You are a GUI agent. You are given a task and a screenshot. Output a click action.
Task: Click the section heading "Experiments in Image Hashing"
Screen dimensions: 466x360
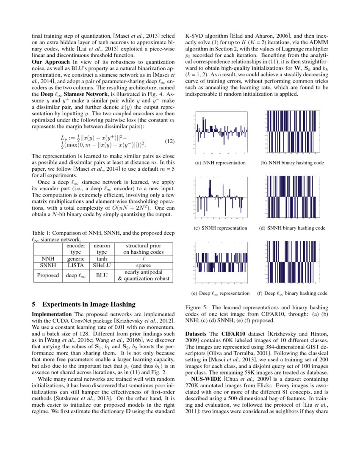(89, 304)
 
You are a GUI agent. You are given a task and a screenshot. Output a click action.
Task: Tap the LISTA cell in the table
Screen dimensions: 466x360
(77, 266)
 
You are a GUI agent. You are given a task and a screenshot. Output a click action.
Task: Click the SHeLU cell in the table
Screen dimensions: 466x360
(102, 266)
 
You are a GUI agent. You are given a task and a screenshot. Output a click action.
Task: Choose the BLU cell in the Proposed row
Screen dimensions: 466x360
(102, 275)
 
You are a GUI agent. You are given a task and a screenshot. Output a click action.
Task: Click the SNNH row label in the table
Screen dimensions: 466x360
(47, 266)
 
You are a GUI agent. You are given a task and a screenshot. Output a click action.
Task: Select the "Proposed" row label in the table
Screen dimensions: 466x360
(47, 275)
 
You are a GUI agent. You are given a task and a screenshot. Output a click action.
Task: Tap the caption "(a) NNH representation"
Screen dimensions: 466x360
(220, 163)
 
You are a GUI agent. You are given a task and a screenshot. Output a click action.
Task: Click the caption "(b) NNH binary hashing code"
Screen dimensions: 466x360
(292, 163)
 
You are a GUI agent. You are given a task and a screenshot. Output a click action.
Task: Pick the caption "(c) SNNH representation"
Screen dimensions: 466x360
(220, 228)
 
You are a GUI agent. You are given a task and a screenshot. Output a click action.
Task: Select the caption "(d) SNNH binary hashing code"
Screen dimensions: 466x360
(292, 228)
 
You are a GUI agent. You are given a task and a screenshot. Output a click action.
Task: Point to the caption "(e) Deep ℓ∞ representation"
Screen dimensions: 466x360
(220, 293)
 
